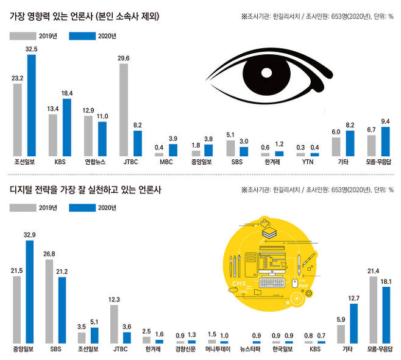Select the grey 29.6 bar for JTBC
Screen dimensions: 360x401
pos(123,110)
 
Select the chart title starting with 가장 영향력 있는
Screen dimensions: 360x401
pos(85,17)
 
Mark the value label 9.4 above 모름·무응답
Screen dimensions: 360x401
pos(385,121)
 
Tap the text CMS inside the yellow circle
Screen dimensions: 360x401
pos(239,284)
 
